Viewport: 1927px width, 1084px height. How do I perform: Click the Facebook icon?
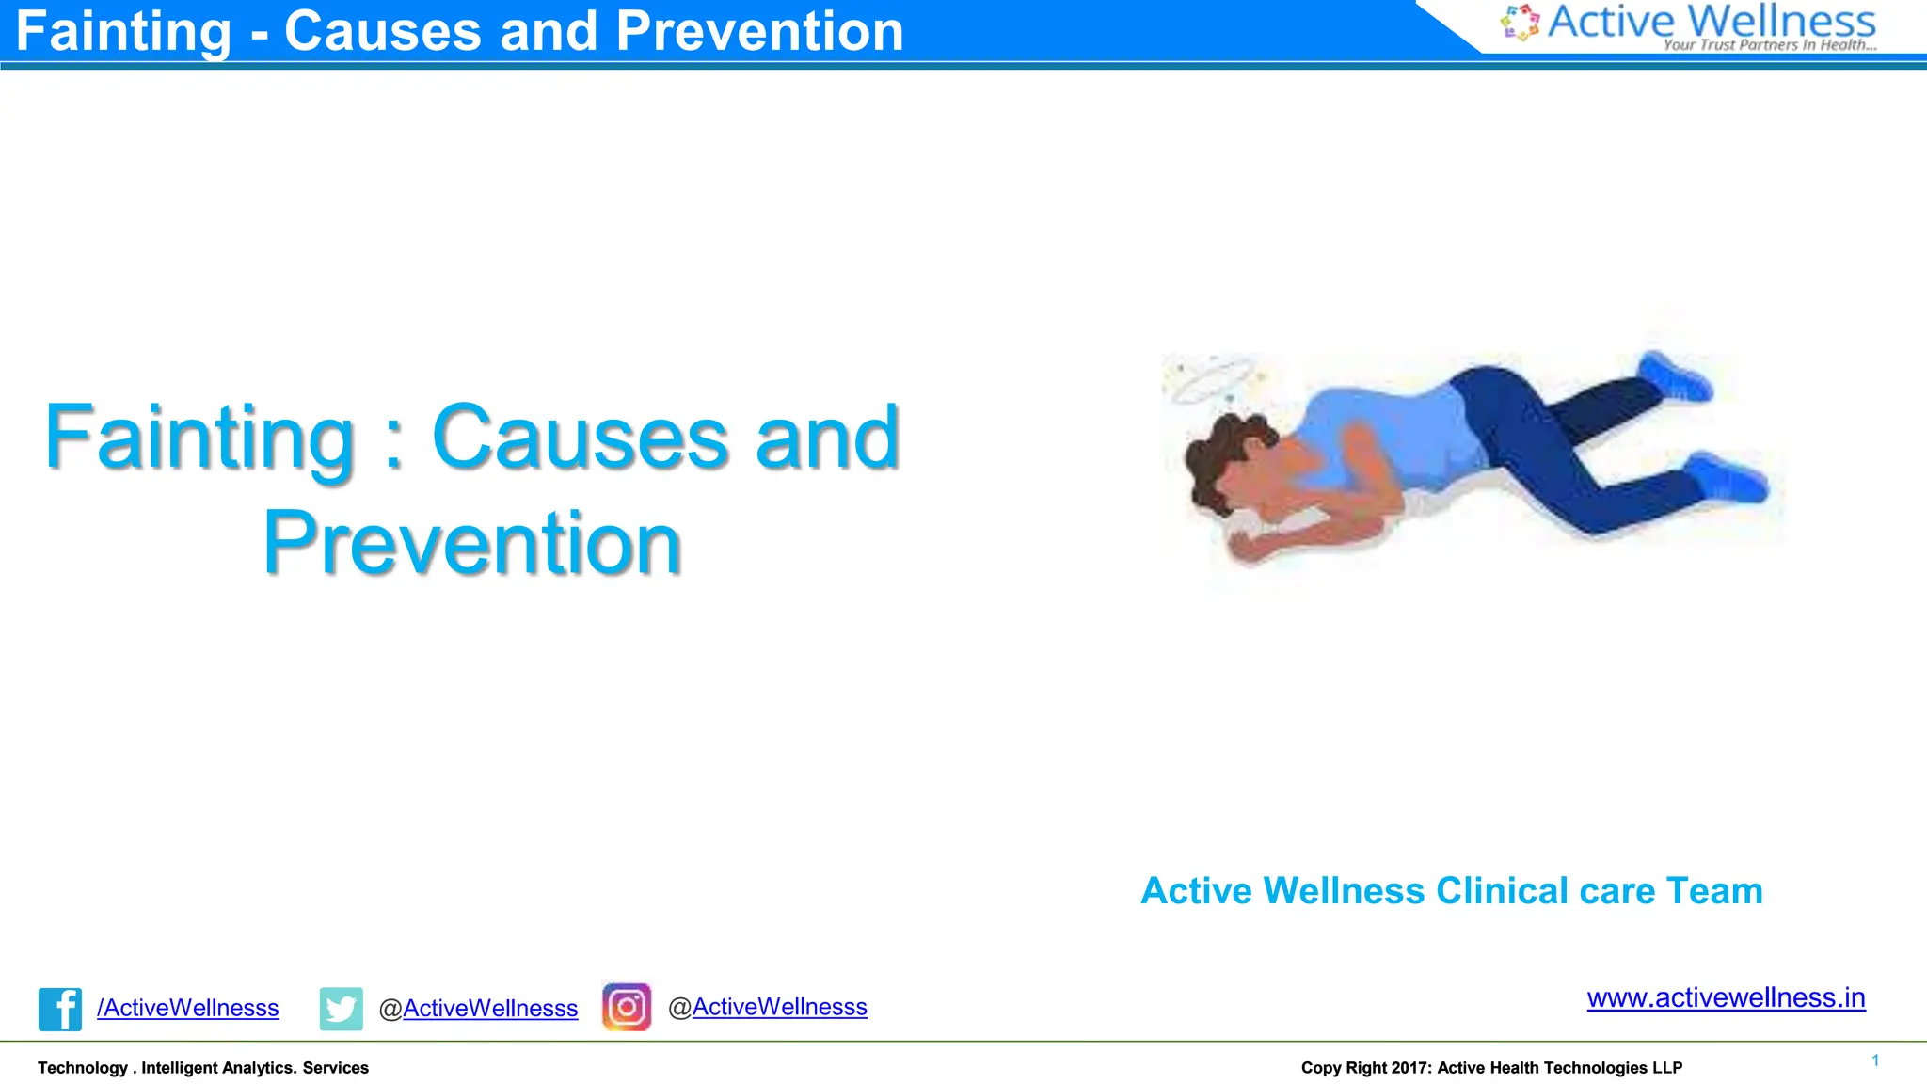click(x=60, y=1009)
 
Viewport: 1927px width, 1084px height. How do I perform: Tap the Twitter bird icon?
click(x=341, y=1009)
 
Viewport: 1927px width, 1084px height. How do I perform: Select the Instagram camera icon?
click(x=627, y=1007)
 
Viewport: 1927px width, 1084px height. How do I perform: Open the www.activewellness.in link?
click(x=1726, y=997)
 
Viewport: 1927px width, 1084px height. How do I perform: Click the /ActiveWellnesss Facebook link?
click(x=188, y=1008)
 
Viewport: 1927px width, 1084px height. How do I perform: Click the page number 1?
click(x=1874, y=1060)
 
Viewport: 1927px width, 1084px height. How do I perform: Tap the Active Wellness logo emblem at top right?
click(x=1521, y=23)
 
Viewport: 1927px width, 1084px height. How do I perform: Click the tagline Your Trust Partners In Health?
click(x=1769, y=44)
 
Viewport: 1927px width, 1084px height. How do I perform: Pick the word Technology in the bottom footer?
click(x=83, y=1068)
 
